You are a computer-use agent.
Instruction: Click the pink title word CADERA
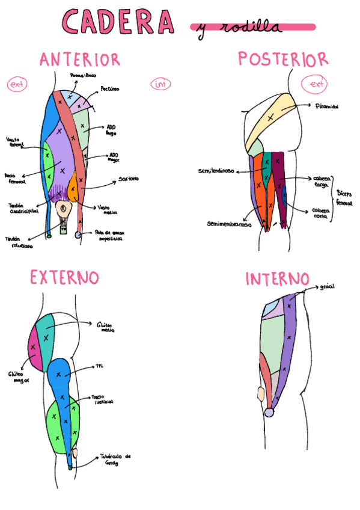point(118,22)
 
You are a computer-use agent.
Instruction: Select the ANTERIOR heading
point(80,60)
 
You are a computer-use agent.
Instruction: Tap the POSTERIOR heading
point(282,59)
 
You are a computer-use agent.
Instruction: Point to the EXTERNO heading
point(64,277)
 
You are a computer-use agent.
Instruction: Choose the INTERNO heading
point(277,279)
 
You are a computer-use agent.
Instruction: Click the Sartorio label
point(129,179)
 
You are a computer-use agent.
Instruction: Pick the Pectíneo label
point(109,88)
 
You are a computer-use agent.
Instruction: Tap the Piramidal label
point(327,106)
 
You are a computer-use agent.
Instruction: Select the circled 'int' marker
point(161,85)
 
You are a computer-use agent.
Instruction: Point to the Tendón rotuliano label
point(20,241)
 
